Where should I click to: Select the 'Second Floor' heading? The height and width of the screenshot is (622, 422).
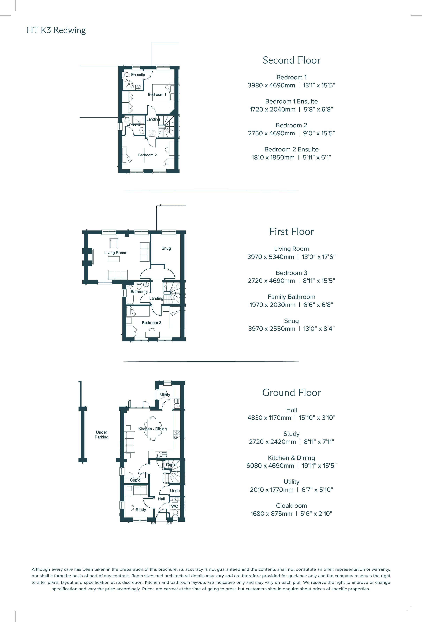(x=291, y=60)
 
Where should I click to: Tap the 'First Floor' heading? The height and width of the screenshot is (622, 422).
(x=291, y=232)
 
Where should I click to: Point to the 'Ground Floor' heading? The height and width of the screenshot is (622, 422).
(x=291, y=393)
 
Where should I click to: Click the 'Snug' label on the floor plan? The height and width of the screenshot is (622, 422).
(x=166, y=248)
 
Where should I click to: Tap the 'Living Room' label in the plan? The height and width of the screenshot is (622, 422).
(x=115, y=253)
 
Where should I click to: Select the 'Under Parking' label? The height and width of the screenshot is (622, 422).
(x=101, y=435)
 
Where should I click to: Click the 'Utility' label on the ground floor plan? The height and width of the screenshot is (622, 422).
(x=165, y=394)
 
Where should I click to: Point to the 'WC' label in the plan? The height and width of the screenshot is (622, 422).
(x=174, y=506)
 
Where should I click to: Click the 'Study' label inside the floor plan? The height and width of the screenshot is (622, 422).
(x=141, y=510)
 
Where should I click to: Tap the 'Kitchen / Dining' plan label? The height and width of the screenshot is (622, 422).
(x=152, y=429)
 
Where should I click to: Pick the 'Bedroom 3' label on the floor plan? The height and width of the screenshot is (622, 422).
(x=151, y=323)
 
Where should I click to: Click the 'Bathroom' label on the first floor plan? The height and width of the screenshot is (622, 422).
(x=139, y=292)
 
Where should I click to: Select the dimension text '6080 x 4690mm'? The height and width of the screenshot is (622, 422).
(x=270, y=465)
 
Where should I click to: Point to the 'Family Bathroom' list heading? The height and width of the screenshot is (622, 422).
(x=291, y=297)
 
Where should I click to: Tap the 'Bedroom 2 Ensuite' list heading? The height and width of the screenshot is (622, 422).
(x=291, y=149)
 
